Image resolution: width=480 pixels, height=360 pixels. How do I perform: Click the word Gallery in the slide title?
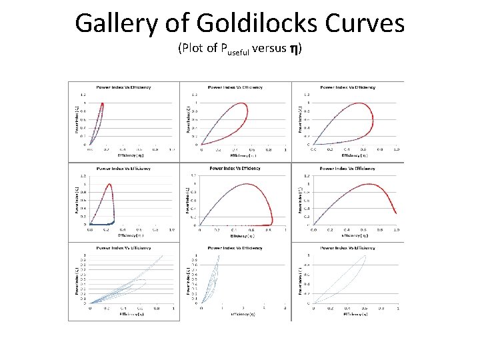(114, 23)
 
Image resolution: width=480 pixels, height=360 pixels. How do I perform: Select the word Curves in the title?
(366, 23)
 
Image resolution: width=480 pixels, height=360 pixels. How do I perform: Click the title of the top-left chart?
(123, 87)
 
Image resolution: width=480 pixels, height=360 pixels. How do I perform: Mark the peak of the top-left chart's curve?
(101, 103)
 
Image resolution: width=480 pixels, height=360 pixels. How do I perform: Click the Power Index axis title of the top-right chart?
(301, 117)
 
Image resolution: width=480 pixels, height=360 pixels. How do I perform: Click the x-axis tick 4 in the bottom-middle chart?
(285, 308)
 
